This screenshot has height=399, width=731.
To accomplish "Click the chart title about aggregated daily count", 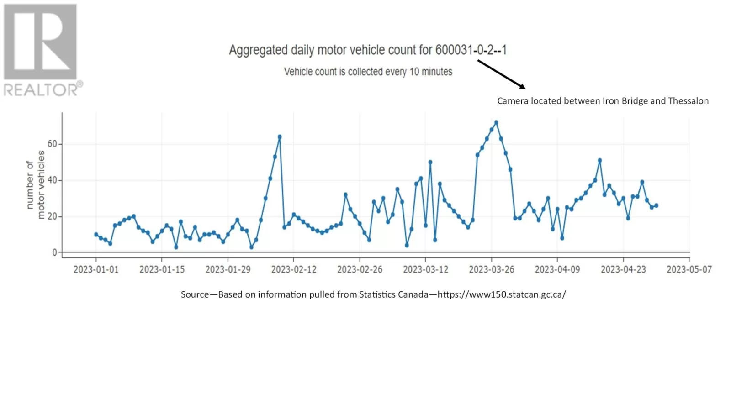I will pyautogui.click(x=368, y=50).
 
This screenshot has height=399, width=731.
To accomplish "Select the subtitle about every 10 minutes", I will pyautogui.click(x=368, y=72).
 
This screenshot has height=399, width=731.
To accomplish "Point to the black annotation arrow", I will pyautogui.click(x=501, y=73).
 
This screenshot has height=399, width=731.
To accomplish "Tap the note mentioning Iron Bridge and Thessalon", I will pyautogui.click(x=603, y=101).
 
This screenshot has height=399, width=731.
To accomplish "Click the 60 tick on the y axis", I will pyautogui.click(x=52, y=144).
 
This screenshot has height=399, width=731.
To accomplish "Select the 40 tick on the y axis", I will pyautogui.click(x=52, y=180).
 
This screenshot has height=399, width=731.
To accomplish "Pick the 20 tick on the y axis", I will pyautogui.click(x=52, y=216).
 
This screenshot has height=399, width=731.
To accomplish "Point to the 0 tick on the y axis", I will pyautogui.click(x=55, y=252).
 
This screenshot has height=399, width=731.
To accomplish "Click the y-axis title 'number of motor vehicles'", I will pyautogui.click(x=36, y=184).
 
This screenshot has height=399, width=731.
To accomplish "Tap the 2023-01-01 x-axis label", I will pyautogui.click(x=96, y=269).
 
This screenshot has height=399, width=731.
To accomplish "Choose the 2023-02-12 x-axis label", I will pyautogui.click(x=294, y=269).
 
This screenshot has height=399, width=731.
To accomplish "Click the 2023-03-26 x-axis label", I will pyautogui.click(x=492, y=269).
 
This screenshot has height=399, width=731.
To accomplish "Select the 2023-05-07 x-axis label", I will pyautogui.click(x=689, y=269).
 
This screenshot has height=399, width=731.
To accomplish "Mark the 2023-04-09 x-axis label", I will pyautogui.click(x=557, y=269).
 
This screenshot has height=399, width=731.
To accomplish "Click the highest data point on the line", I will pyautogui.click(x=496, y=122).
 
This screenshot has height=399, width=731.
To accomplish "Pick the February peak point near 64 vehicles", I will pyautogui.click(x=280, y=136).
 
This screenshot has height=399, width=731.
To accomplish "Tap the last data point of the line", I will pyautogui.click(x=657, y=205).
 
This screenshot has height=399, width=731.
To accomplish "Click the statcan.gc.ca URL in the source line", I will pyautogui.click(x=502, y=294).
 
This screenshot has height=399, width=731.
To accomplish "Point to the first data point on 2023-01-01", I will pyautogui.click(x=96, y=234).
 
